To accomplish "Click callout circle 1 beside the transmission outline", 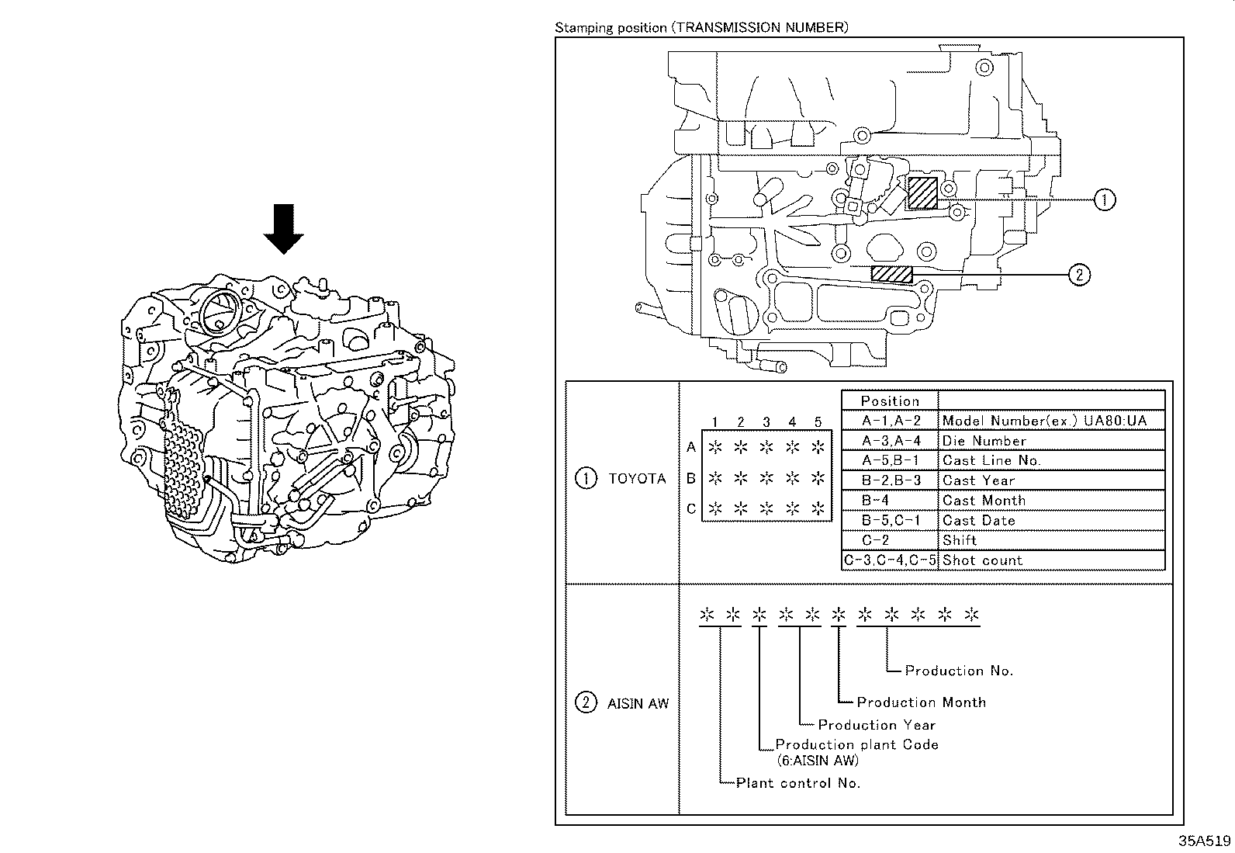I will pyautogui.click(x=1105, y=199).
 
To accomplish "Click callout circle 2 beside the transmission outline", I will pyautogui.click(x=1079, y=273).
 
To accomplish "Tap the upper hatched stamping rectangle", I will pyautogui.click(x=922, y=192).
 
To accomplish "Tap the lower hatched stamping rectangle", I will pyautogui.click(x=891, y=273).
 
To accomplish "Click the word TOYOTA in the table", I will pyautogui.click(x=637, y=479).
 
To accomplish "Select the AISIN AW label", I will pyautogui.click(x=638, y=704).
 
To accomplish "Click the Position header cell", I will pyautogui.click(x=890, y=401).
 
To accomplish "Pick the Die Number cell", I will pyautogui.click(x=984, y=441).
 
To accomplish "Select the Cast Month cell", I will pyautogui.click(x=984, y=501).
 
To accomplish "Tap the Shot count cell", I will pyautogui.click(x=982, y=560).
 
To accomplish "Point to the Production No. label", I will pyautogui.click(x=959, y=671).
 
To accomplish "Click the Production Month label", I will pyautogui.click(x=921, y=702).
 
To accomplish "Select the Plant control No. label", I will pyautogui.click(x=797, y=783).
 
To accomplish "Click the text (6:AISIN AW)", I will pyautogui.click(x=818, y=761).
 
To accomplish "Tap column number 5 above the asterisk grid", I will pyautogui.click(x=818, y=422).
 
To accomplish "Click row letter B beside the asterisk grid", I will pyautogui.click(x=690, y=479).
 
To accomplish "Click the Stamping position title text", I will pyautogui.click(x=701, y=28).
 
